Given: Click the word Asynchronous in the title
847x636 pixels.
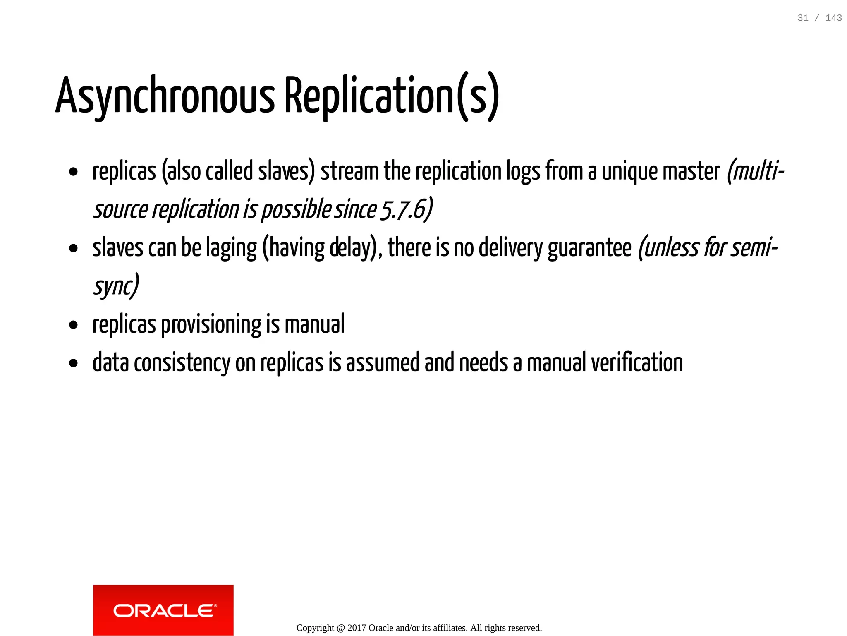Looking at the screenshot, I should click(x=165, y=96).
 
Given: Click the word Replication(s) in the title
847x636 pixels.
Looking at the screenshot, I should click(x=392, y=96).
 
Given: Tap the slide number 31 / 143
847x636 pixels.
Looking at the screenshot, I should click(x=819, y=18).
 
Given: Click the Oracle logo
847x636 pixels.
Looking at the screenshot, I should click(x=163, y=610).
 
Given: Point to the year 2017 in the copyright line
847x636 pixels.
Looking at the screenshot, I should click(x=357, y=628).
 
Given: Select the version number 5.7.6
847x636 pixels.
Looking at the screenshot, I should click(x=403, y=209).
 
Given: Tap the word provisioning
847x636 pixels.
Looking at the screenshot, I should click(x=211, y=324).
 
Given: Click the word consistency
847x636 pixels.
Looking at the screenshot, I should click(x=182, y=362).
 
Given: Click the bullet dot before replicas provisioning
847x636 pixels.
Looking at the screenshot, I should click(x=74, y=325).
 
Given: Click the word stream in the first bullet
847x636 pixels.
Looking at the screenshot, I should click(x=349, y=171).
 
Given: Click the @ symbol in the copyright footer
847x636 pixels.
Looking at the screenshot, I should click(x=341, y=628).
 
